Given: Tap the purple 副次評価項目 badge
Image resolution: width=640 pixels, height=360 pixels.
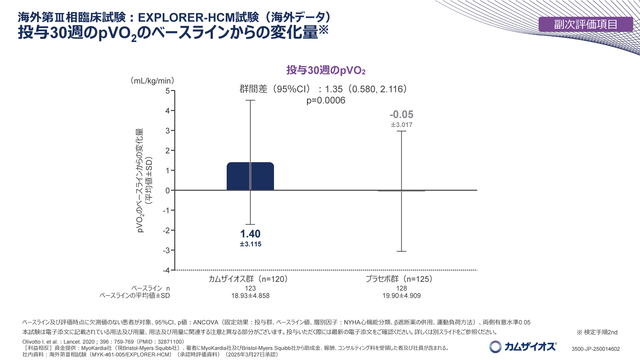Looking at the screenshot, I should pos(585,24).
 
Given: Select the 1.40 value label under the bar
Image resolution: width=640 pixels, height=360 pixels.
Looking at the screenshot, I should pos(250,234).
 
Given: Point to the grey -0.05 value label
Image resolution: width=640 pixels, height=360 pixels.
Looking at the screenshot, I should pos(401,115).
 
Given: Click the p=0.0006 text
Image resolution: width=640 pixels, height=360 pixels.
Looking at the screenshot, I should pos(326,100).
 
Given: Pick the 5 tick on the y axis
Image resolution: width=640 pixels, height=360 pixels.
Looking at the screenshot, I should pos(168,91).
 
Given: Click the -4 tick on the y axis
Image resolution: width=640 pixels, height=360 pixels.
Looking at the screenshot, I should pos(166,270).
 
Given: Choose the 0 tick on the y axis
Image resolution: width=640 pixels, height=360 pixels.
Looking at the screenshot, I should pos(168,190).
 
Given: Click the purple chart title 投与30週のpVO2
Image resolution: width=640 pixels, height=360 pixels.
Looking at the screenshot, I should pos(326,70).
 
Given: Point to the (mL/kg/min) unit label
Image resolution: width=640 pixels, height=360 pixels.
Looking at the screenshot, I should pos(152,81).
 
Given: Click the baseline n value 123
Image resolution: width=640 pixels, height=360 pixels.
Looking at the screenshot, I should pos(250,288).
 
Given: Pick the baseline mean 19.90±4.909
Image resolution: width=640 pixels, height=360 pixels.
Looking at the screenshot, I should pos(401,296).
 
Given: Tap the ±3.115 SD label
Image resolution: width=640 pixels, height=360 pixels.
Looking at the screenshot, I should pos(250,244).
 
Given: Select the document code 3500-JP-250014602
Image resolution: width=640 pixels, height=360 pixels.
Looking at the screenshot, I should pos(595,349).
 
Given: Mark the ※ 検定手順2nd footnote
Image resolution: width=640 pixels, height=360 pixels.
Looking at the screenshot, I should pos(597,332).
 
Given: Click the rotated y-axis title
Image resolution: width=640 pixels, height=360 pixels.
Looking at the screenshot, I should pos(144,180).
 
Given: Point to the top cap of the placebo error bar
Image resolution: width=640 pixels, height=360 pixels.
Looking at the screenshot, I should pos(401,131).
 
